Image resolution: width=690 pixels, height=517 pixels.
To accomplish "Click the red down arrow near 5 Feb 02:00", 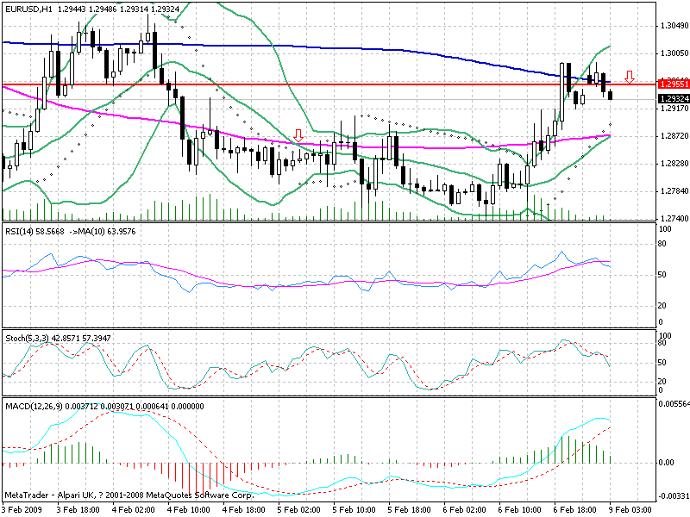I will pyautogui.click(x=298, y=135).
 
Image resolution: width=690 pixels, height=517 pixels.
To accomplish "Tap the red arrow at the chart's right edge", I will pyautogui.click(x=630, y=77).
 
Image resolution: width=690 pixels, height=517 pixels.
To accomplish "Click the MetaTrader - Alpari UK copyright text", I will pyautogui.click(x=129, y=495).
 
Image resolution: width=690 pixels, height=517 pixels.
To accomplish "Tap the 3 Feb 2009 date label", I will pyautogui.click(x=22, y=510).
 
